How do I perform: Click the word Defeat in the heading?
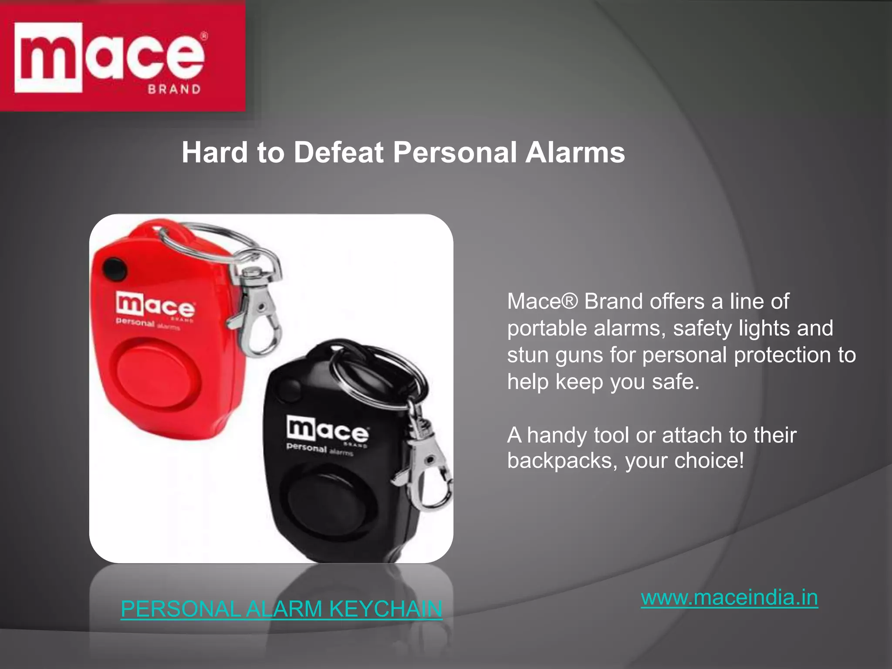tap(339, 152)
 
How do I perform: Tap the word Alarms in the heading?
tap(575, 152)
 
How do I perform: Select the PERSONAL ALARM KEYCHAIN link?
tap(281, 608)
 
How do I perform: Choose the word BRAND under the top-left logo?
tap(174, 89)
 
